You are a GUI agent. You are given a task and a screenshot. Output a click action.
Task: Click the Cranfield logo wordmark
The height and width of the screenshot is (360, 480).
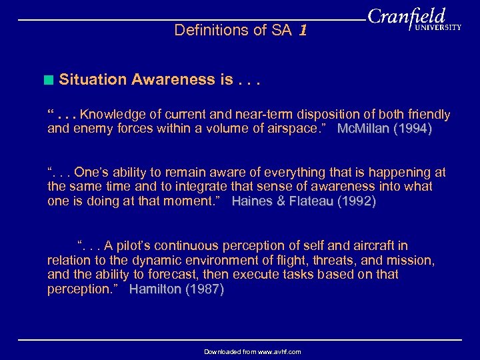click(x=405, y=16)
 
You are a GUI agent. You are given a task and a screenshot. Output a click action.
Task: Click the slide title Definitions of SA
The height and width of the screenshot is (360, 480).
click(x=233, y=30)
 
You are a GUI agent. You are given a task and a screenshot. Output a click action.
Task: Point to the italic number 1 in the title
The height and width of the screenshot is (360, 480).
click(x=303, y=30)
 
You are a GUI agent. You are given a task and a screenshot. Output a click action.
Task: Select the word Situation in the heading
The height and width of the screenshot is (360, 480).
click(x=93, y=79)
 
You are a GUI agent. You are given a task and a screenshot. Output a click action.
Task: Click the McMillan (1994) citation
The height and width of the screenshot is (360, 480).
click(x=385, y=129)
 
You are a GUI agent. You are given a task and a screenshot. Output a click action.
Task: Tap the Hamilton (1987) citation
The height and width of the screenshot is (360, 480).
click(x=177, y=289)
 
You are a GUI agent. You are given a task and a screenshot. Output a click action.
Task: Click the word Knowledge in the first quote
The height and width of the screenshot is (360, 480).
click(x=111, y=115)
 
